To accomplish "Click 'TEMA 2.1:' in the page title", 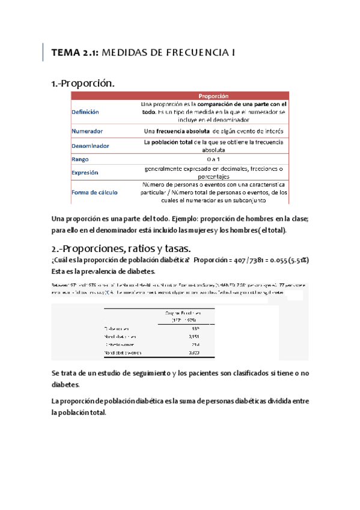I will click(x=75, y=54).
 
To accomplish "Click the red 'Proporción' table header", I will click(x=213, y=96).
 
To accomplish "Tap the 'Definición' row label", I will click(x=85, y=112).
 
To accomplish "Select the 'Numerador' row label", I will click(x=87, y=131).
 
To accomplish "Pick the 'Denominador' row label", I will click(x=90, y=146).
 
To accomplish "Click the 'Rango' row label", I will click(x=80, y=159).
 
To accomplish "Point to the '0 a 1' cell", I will click(x=213, y=159).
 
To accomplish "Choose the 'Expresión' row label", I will click(x=85, y=173).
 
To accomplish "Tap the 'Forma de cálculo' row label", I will click(x=94, y=192).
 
